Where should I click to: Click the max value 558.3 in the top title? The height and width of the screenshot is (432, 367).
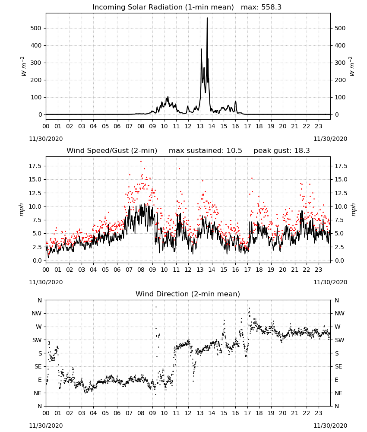pyautogui.click(x=272, y=7)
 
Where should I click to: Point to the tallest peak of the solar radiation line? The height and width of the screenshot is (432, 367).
pyautogui.click(x=207, y=18)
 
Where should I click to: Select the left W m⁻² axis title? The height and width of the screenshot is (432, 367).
pyautogui.click(x=24, y=67)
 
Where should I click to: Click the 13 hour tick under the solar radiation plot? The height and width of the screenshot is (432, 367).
pyautogui.click(x=200, y=127)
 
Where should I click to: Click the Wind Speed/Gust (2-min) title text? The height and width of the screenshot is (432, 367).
pyautogui.click(x=112, y=151)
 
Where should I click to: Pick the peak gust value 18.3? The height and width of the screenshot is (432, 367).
pyautogui.click(x=301, y=151)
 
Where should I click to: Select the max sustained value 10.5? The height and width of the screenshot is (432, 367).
pyautogui.click(x=234, y=151)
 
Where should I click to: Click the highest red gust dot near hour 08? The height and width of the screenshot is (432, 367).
pyautogui.click(x=141, y=162)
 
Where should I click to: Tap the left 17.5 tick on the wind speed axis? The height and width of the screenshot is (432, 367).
pyautogui.click(x=35, y=166)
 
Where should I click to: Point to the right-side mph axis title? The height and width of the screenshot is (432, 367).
pyautogui.click(x=353, y=210)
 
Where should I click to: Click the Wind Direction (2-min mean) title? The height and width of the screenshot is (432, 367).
pyautogui.click(x=188, y=294)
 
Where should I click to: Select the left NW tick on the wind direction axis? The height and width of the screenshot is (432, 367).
pyautogui.click(x=37, y=314)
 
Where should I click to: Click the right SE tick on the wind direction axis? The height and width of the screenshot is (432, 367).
pyautogui.click(x=339, y=367)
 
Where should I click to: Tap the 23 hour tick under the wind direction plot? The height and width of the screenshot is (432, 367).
pyautogui.click(x=318, y=413)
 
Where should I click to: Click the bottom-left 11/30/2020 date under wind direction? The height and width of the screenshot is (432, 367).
pyautogui.click(x=46, y=426)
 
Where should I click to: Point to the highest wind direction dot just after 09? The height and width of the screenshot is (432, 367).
pyautogui.click(x=156, y=307)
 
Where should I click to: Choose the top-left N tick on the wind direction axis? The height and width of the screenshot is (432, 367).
pyautogui.click(x=40, y=300)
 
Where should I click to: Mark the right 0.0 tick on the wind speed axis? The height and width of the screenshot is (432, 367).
pyautogui.click(x=339, y=260)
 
